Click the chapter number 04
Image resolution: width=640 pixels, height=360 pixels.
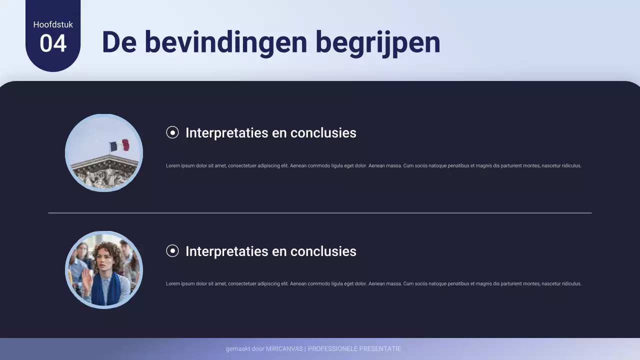(53, 43)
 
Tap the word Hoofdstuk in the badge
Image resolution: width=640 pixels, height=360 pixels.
(53, 24)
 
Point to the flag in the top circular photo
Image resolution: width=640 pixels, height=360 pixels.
(119, 145)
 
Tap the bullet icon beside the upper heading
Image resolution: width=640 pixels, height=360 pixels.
(172, 132)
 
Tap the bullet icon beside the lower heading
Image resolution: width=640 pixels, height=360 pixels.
(172, 251)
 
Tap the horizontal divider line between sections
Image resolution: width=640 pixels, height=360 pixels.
(320, 213)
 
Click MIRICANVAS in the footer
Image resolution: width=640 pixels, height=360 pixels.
(284, 349)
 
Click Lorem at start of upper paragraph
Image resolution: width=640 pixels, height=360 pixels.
(172, 165)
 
